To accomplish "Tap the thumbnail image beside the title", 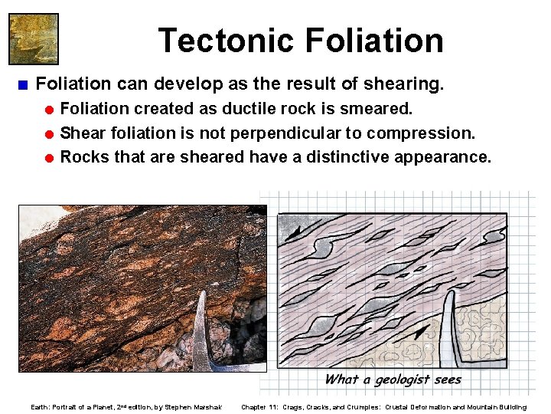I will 33,38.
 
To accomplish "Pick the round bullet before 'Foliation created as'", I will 48,110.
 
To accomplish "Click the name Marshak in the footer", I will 204,407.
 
